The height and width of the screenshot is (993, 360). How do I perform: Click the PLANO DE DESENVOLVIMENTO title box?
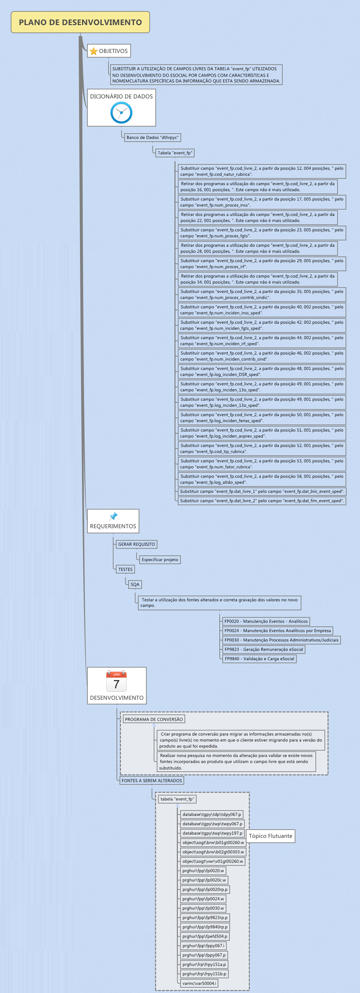click(x=80, y=22)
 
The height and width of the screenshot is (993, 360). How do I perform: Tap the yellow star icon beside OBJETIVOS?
click(x=94, y=51)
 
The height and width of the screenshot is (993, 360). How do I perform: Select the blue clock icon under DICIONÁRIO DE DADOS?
click(x=122, y=112)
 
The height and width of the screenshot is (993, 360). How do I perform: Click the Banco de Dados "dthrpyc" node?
click(x=152, y=138)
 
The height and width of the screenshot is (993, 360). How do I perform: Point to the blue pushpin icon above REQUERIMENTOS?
click(x=113, y=516)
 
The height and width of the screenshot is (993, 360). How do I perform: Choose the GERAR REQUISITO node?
click(x=136, y=544)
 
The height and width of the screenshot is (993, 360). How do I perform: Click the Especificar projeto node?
click(x=159, y=560)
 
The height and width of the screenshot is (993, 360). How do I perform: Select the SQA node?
click(x=135, y=585)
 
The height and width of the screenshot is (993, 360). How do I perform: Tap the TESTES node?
click(x=125, y=569)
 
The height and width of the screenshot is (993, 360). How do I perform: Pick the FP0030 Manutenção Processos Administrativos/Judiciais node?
click(x=281, y=640)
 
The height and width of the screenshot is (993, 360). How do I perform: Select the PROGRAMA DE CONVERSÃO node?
click(x=154, y=719)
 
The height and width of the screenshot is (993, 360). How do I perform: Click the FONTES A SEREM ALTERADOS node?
click(x=151, y=781)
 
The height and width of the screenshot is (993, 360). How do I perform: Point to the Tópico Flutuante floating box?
click(x=270, y=836)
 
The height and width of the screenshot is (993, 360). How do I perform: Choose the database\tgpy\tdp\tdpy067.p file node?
click(x=212, y=815)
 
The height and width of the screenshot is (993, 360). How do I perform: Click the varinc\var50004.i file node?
click(x=199, y=983)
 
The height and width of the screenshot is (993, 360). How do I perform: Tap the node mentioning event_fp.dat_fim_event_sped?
click(x=262, y=501)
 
